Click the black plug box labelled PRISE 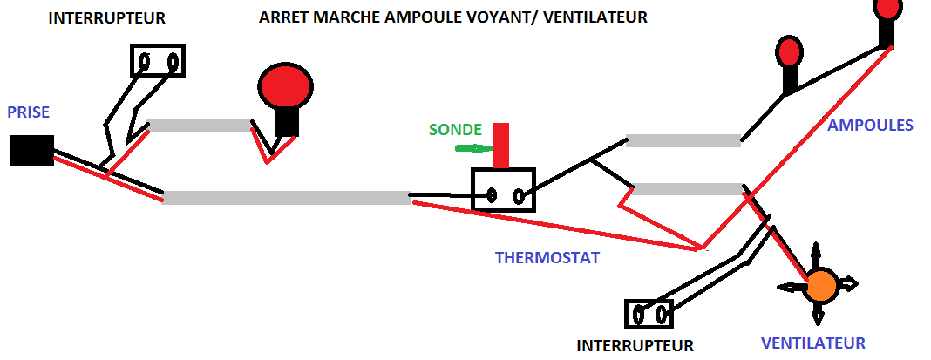click(31, 150)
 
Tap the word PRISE click(29, 112)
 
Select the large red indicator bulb click(285, 87)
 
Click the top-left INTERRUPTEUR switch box click(158, 61)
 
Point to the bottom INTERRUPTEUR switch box click(649, 313)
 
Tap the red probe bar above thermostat click(500, 146)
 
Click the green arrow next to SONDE click(471, 148)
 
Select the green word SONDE click(455, 130)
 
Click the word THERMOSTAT click(547, 258)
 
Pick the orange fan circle click(821, 284)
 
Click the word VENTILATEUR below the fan click(813, 343)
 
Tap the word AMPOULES click(870, 126)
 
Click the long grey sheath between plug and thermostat click(286, 197)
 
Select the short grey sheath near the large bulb click(200, 126)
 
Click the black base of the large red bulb click(287, 124)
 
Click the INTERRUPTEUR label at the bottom click(635, 346)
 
